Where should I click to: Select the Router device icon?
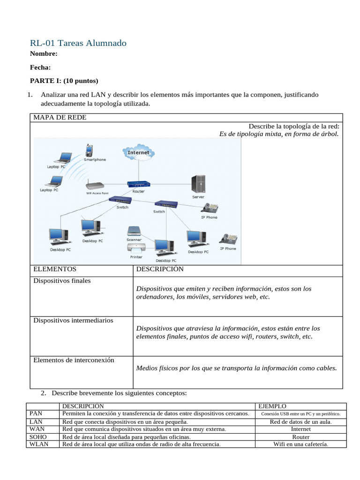click(x=139, y=184)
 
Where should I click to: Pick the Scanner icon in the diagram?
click(x=133, y=231)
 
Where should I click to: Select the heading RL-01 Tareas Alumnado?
click(x=78, y=43)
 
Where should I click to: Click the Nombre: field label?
click(x=44, y=54)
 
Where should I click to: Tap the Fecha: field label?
click(x=40, y=67)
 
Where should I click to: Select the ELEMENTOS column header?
click(x=55, y=270)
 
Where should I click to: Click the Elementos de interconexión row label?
click(x=74, y=360)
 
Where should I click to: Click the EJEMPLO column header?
click(x=272, y=406)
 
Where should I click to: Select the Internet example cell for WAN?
click(x=300, y=429)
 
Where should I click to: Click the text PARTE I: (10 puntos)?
click(x=64, y=81)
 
